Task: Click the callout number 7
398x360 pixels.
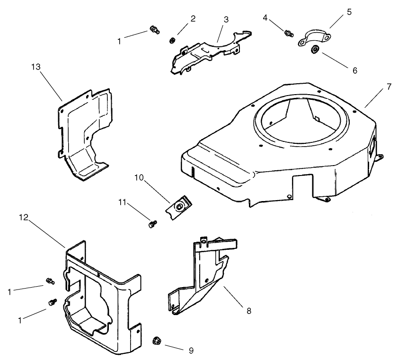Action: click(389, 87)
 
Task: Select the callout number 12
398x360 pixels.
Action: click(24, 217)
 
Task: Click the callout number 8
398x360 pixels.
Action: click(249, 311)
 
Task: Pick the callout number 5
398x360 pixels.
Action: click(349, 12)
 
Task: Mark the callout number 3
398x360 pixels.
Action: click(226, 19)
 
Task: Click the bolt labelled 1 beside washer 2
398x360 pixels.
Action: click(153, 30)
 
